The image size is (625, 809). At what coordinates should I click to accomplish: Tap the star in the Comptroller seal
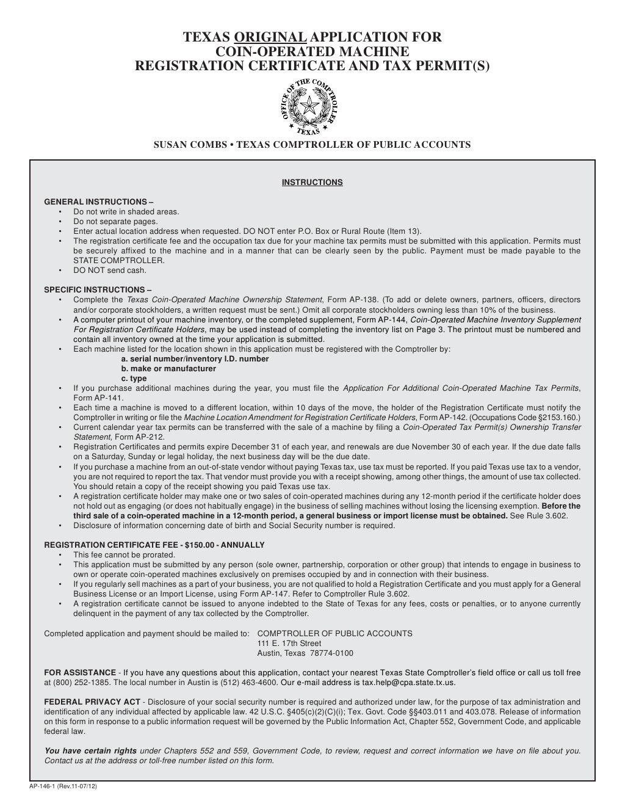tap(312, 106)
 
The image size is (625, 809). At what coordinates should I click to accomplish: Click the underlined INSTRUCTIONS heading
tap(312, 182)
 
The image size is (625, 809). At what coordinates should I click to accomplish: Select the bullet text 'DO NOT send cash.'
tap(110, 270)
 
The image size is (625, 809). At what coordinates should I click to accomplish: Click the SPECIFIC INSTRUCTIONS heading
tap(98, 289)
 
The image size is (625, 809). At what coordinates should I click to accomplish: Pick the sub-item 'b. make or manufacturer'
tap(168, 368)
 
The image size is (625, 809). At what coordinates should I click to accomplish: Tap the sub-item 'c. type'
tap(134, 378)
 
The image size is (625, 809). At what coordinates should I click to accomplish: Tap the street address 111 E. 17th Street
tap(289, 643)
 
